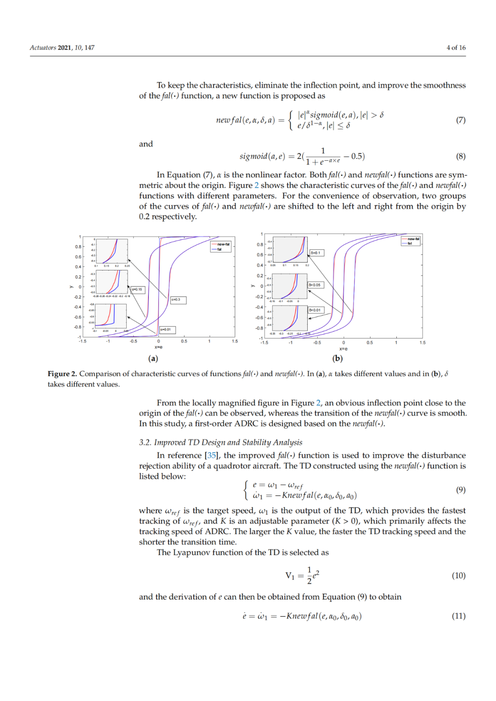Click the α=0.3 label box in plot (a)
(178, 300)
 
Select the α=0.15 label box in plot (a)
(138, 289)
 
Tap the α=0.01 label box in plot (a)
(167, 330)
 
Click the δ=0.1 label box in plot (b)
(316, 253)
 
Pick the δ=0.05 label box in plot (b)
(316, 285)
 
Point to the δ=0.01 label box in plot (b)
(316, 310)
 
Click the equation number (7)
(461, 120)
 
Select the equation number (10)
(458, 576)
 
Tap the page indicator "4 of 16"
(456, 48)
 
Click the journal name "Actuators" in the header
(43, 48)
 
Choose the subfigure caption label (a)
(153, 359)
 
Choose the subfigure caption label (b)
(338, 359)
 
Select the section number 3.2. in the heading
(145, 443)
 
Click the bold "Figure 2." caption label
(62, 374)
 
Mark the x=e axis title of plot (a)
(158, 347)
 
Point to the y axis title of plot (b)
(253, 286)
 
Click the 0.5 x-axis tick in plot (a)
(184, 341)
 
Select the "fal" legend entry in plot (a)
(220, 249)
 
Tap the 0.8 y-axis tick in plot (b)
(259, 245)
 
